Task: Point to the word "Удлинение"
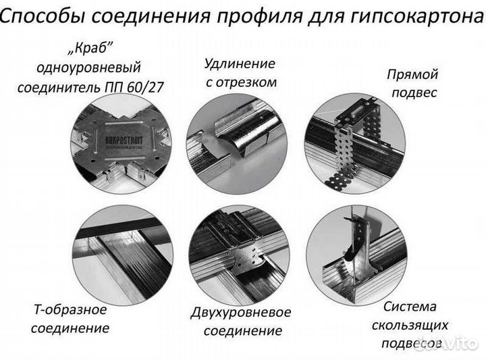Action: (x=240, y=64)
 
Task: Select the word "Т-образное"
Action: (x=70, y=310)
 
